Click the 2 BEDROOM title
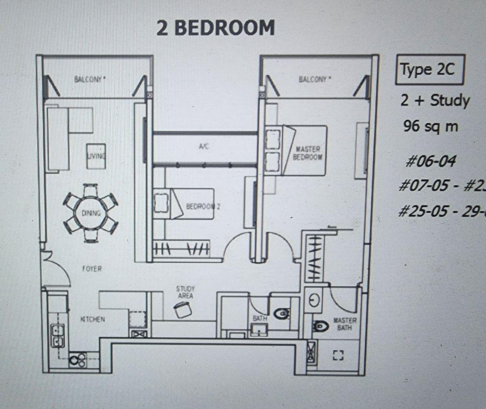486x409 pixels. [x=216, y=28]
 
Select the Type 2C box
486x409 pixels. [x=429, y=70]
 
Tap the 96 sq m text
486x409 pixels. [x=430, y=127]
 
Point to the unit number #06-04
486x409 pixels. [x=430, y=161]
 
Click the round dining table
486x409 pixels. [x=90, y=213]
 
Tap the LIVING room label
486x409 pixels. [x=96, y=156]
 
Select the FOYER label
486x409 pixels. [x=92, y=269]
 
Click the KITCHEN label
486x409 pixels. [x=92, y=319]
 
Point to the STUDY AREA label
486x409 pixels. [x=185, y=292]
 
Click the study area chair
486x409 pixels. [x=183, y=310]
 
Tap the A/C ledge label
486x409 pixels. [x=204, y=147]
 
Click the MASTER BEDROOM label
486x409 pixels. [x=308, y=153]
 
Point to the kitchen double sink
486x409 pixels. [x=57, y=336]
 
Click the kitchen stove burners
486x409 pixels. [x=77, y=359]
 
